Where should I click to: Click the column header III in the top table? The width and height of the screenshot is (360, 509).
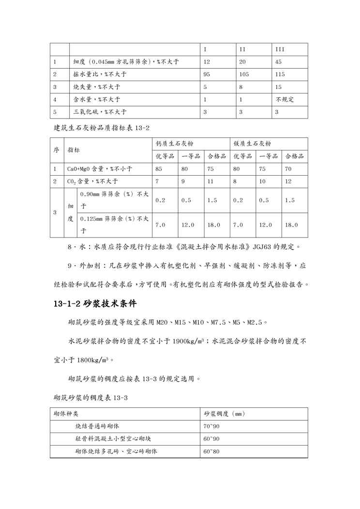(280, 50)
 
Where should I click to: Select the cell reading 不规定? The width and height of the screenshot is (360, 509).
(285, 100)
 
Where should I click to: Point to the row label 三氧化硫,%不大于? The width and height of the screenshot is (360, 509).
(100, 112)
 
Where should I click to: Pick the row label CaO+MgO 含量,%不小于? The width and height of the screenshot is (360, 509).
(100, 169)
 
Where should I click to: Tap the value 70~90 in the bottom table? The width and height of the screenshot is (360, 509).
(212, 427)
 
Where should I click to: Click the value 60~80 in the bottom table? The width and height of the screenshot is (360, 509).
(212, 452)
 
